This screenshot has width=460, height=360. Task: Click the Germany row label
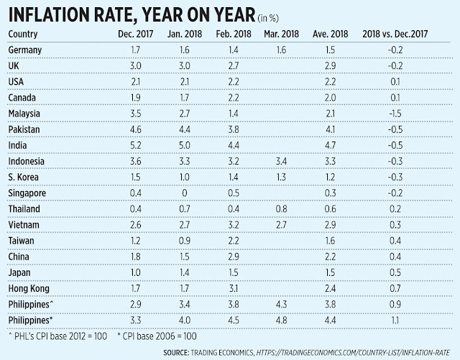coord(25,50)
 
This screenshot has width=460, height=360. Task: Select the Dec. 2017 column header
coord(136,34)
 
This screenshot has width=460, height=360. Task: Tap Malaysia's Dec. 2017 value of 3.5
coord(136,114)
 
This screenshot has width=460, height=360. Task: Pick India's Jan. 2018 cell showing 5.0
coord(185,145)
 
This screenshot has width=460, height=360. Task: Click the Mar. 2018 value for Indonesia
coord(281,161)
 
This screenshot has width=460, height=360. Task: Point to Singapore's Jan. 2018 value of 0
coord(185,193)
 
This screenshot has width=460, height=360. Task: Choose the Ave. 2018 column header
coord(331,34)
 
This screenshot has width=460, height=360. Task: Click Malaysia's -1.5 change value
coord(395,114)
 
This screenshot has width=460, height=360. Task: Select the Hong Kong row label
coord(29,289)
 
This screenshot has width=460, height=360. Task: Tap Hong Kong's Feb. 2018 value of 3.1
coord(234,288)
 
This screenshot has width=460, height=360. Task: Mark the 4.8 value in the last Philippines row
coord(281,320)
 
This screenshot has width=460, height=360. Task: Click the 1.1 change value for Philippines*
coord(395,320)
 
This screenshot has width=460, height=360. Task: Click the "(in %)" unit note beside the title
coord(268,18)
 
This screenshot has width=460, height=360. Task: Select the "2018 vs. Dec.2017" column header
coord(395,34)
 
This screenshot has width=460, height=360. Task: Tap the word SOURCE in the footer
coord(176,352)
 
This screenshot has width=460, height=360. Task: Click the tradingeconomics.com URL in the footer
coord(353,352)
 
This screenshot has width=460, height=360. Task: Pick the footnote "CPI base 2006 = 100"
coord(157,336)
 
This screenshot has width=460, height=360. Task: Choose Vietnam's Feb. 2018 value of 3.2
coord(234,225)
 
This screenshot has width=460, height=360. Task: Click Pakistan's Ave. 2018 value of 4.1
coord(331,129)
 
